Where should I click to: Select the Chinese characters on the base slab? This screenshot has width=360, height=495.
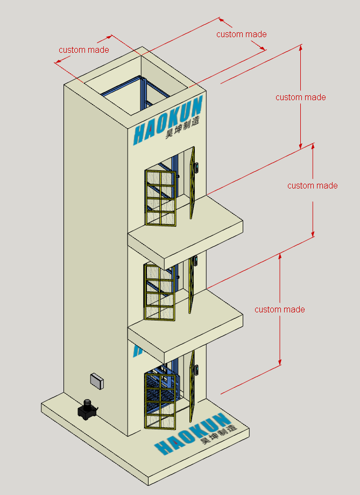pyautogui.click(x=217, y=434)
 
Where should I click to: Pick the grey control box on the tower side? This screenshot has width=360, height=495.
pyautogui.click(x=97, y=381)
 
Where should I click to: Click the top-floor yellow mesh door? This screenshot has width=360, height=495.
pyautogui.click(x=161, y=197)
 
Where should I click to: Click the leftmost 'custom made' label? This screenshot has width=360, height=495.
pyautogui.click(x=84, y=50)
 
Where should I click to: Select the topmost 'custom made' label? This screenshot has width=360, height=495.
pyautogui.click(x=241, y=34)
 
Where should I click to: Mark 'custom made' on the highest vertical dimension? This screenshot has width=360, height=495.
pyautogui.click(x=300, y=97)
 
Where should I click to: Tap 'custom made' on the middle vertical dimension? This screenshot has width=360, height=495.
pyautogui.click(x=312, y=186)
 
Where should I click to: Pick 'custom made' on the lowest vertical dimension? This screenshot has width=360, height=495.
pyautogui.click(x=279, y=310)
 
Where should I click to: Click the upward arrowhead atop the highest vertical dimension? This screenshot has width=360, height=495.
pyautogui.click(x=301, y=47)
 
